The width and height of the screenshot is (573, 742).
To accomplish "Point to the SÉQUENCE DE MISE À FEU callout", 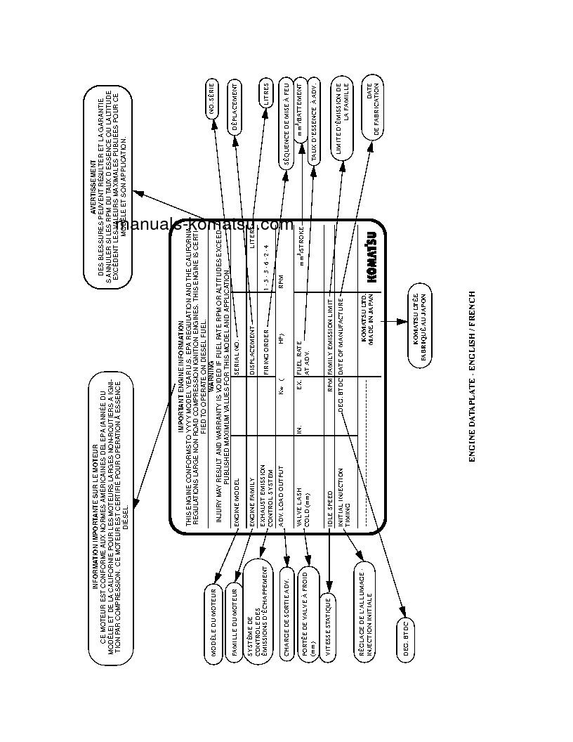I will tap(286, 122).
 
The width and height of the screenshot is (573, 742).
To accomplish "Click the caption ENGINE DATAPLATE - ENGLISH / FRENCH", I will tap(472, 376).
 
